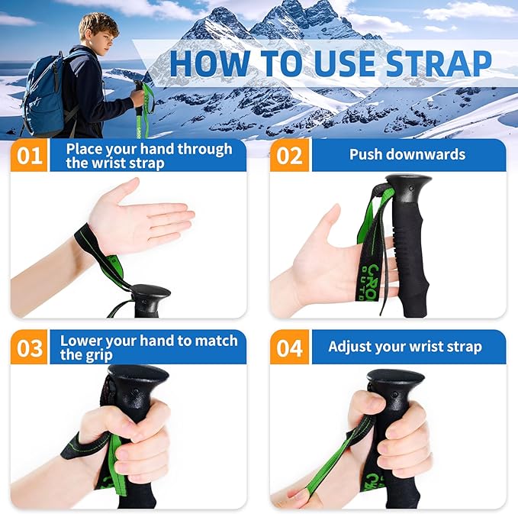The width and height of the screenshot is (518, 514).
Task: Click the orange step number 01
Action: pyautogui.click(x=30, y=156)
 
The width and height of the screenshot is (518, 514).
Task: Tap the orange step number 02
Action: pyautogui.click(x=290, y=156)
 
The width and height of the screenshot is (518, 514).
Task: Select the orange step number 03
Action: pyautogui.click(x=30, y=348)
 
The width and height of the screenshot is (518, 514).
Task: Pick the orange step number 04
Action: pyautogui.click(x=290, y=348)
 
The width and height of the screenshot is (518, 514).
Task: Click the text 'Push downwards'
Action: pyautogui.click(x=407, y=154)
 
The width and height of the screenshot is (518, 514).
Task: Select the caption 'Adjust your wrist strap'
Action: pyautogui.click(x=404, y=347)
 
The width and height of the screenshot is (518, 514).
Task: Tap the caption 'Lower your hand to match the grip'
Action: pyautogui.click(x=149, y=348)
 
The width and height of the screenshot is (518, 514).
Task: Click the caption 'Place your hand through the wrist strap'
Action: pyautogui.click(x=149, y=156)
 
